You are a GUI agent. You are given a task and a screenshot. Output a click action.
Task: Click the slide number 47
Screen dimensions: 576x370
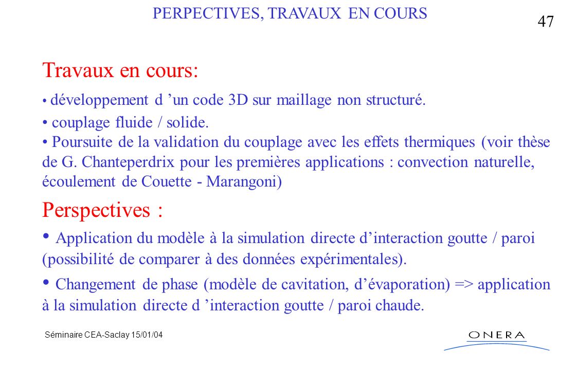coord(546,21)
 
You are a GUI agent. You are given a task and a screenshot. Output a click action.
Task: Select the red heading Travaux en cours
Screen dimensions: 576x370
coord(120,70)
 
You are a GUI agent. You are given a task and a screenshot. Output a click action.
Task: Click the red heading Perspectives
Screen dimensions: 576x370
coord(102,210)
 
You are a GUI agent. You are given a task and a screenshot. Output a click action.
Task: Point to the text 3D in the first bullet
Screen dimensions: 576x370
coord(238,100)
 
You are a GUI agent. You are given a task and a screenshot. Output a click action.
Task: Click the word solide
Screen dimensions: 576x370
coord(187,122)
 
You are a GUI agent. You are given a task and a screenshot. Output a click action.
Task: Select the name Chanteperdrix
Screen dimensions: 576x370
coord(128,162)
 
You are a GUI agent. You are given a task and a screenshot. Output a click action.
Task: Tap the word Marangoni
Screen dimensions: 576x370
coord(244,181)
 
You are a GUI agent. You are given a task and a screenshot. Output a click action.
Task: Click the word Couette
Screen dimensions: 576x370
coord(167,181)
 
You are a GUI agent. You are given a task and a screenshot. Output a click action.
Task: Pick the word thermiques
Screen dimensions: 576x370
coord(439,142)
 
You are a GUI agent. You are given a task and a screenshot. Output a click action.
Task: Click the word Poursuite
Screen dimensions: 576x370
coord(82,142)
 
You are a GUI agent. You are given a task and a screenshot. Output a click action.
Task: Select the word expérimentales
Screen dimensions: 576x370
coord(353,260)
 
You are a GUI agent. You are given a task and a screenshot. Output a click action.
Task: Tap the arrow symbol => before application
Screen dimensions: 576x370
coord(463,285)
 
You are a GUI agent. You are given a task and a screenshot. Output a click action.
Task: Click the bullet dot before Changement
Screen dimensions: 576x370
coord(46,282)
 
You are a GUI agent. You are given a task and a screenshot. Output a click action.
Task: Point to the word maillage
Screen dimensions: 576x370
coord(304,100)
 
